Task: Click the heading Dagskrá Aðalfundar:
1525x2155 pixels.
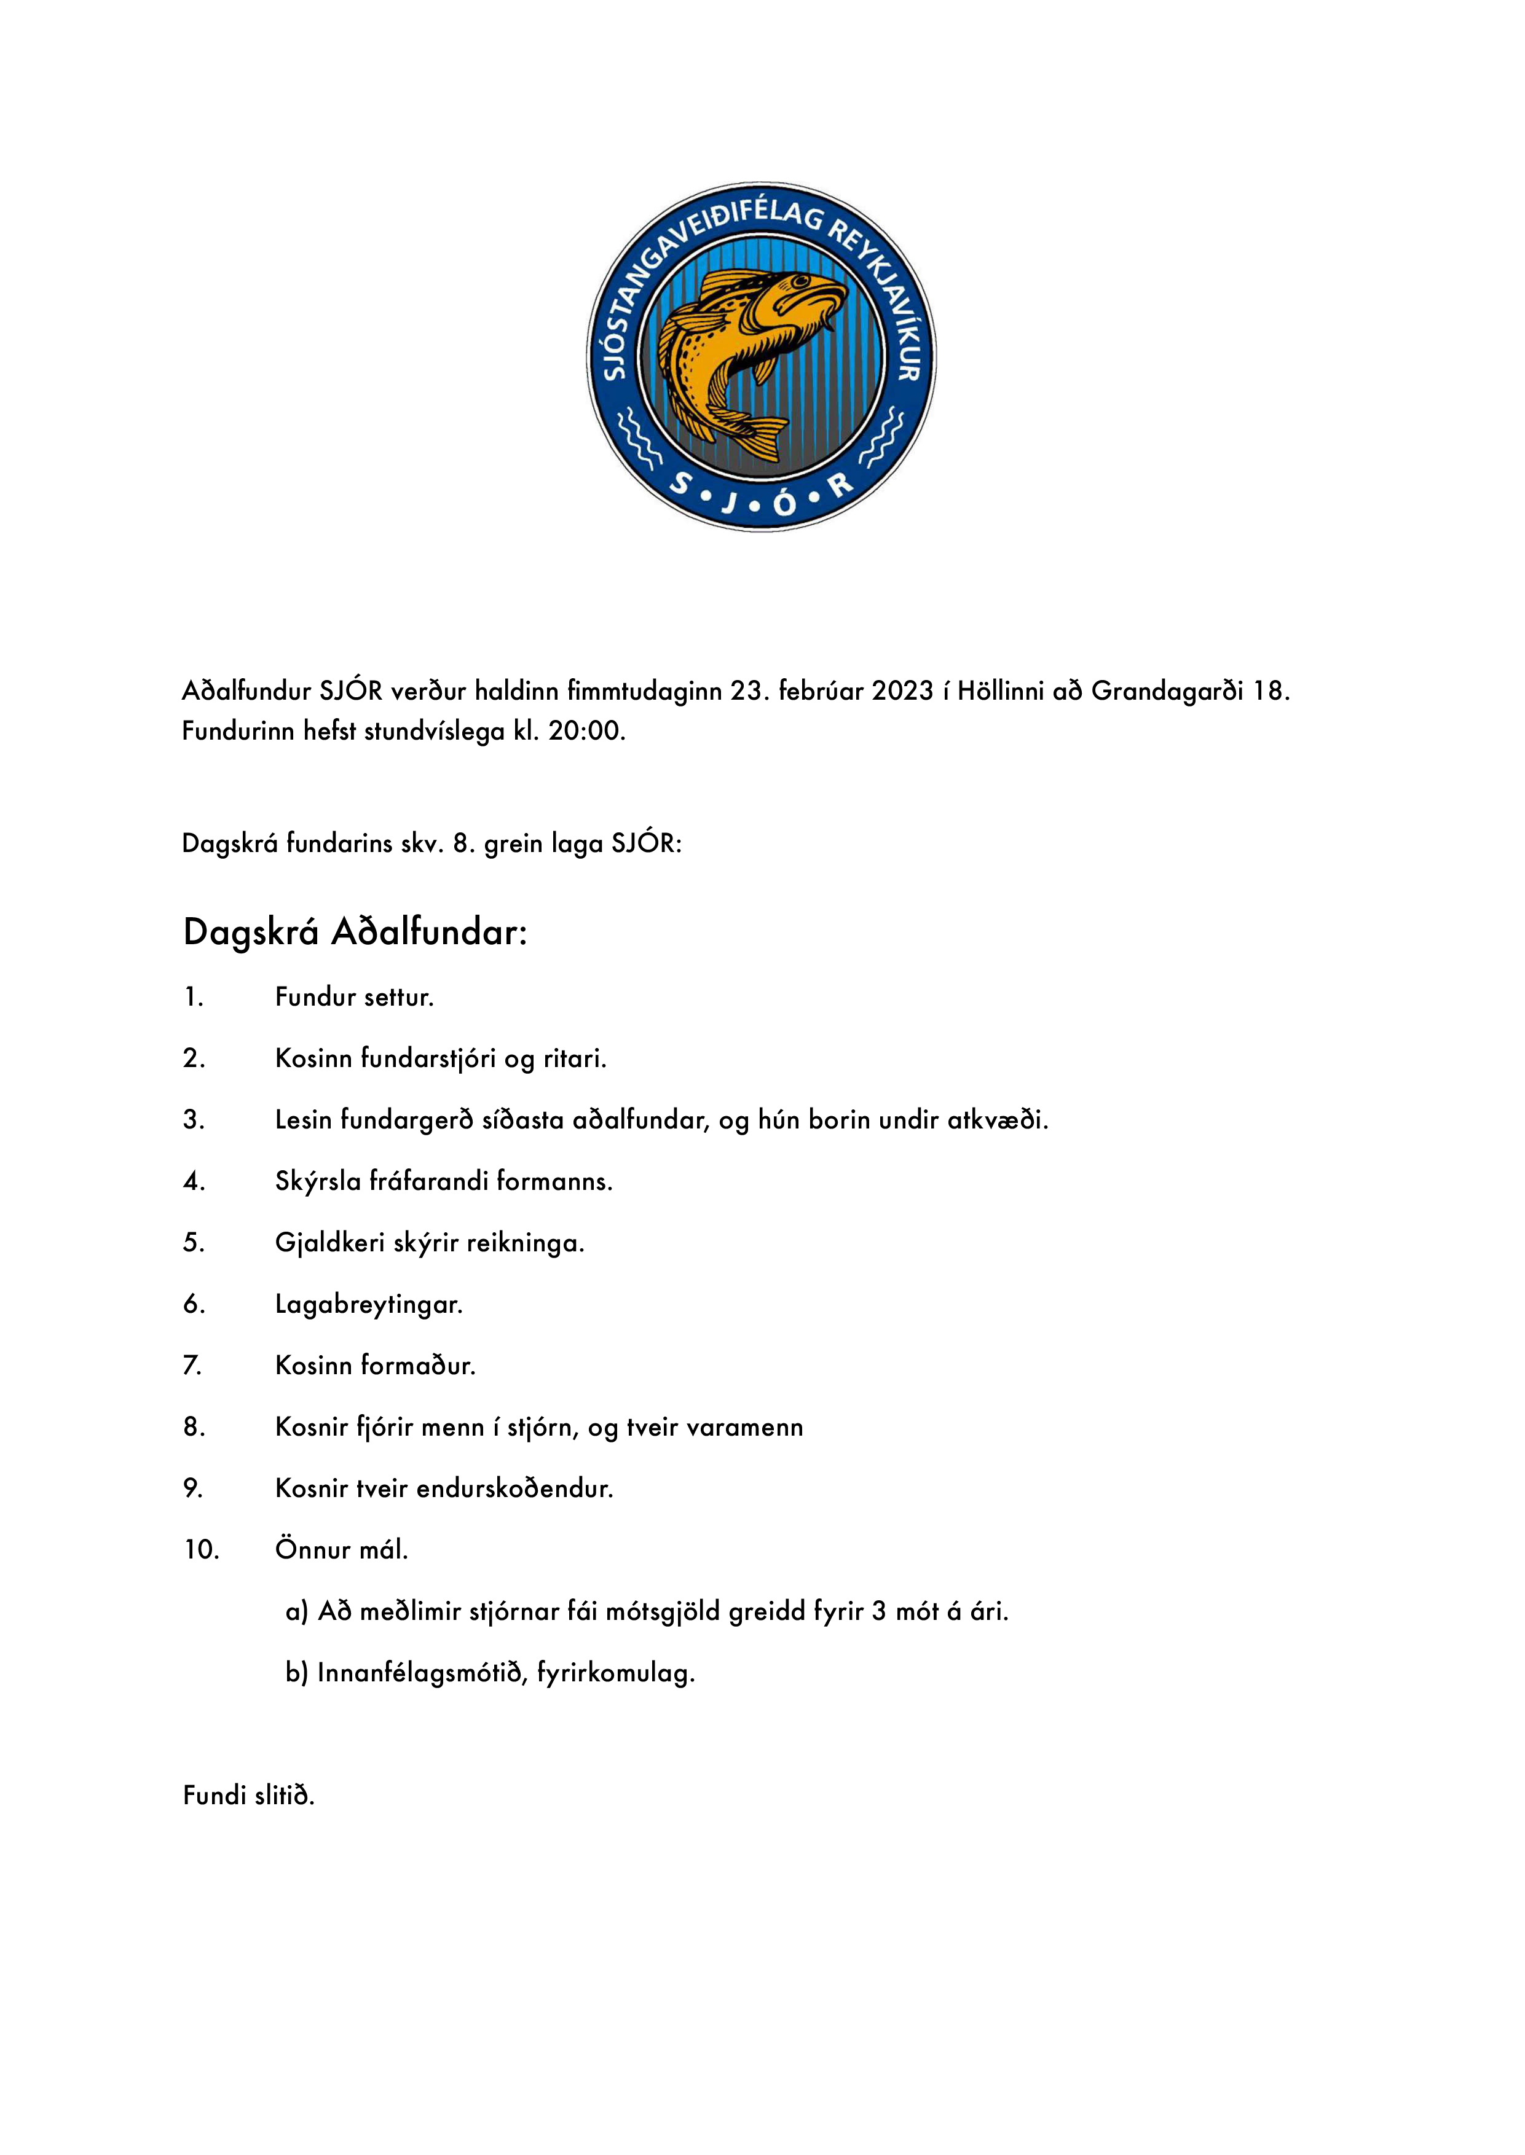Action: coord(355,933)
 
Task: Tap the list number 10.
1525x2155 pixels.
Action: coord(201,1550)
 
